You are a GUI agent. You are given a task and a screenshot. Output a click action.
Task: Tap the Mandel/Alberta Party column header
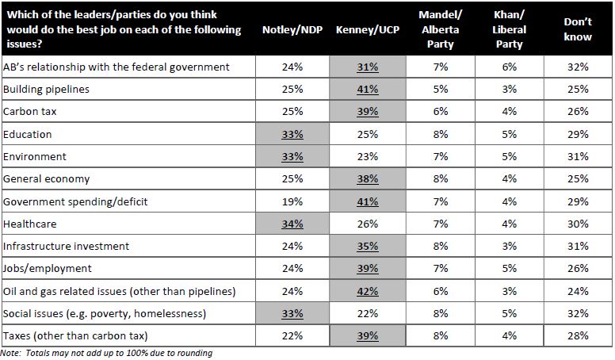coord(440,29)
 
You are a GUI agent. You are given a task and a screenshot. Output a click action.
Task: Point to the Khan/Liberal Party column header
coord(509,29)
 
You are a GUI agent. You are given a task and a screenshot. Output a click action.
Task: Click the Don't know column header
coord(578,29)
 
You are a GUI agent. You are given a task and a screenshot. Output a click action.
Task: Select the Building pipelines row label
coord(47,90)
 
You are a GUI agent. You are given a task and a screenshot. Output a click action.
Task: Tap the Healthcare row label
coord(31,224)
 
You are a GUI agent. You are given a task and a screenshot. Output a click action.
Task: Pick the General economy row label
coord(47,179)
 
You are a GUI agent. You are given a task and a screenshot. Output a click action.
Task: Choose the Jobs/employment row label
coord(48,269)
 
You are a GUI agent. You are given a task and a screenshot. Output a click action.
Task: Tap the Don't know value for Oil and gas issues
coord(578,291)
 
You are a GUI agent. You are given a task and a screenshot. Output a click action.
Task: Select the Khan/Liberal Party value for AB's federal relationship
coord(509,67)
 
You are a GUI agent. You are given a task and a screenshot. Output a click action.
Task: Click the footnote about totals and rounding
coord(106,353)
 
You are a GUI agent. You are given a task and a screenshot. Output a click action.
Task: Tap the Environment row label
coord(35,157)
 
